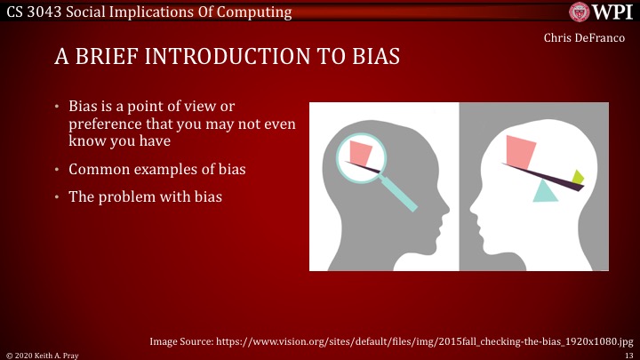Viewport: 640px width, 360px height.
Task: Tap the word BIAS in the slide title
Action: (365, 57)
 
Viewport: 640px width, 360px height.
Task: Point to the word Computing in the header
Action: (258, 12)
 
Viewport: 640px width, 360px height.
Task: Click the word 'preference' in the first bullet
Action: (104, 124)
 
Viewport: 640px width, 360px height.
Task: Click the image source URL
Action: (427, 340)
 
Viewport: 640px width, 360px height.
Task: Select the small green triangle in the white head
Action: (578, 176)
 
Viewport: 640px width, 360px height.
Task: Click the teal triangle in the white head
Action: (545, 191)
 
